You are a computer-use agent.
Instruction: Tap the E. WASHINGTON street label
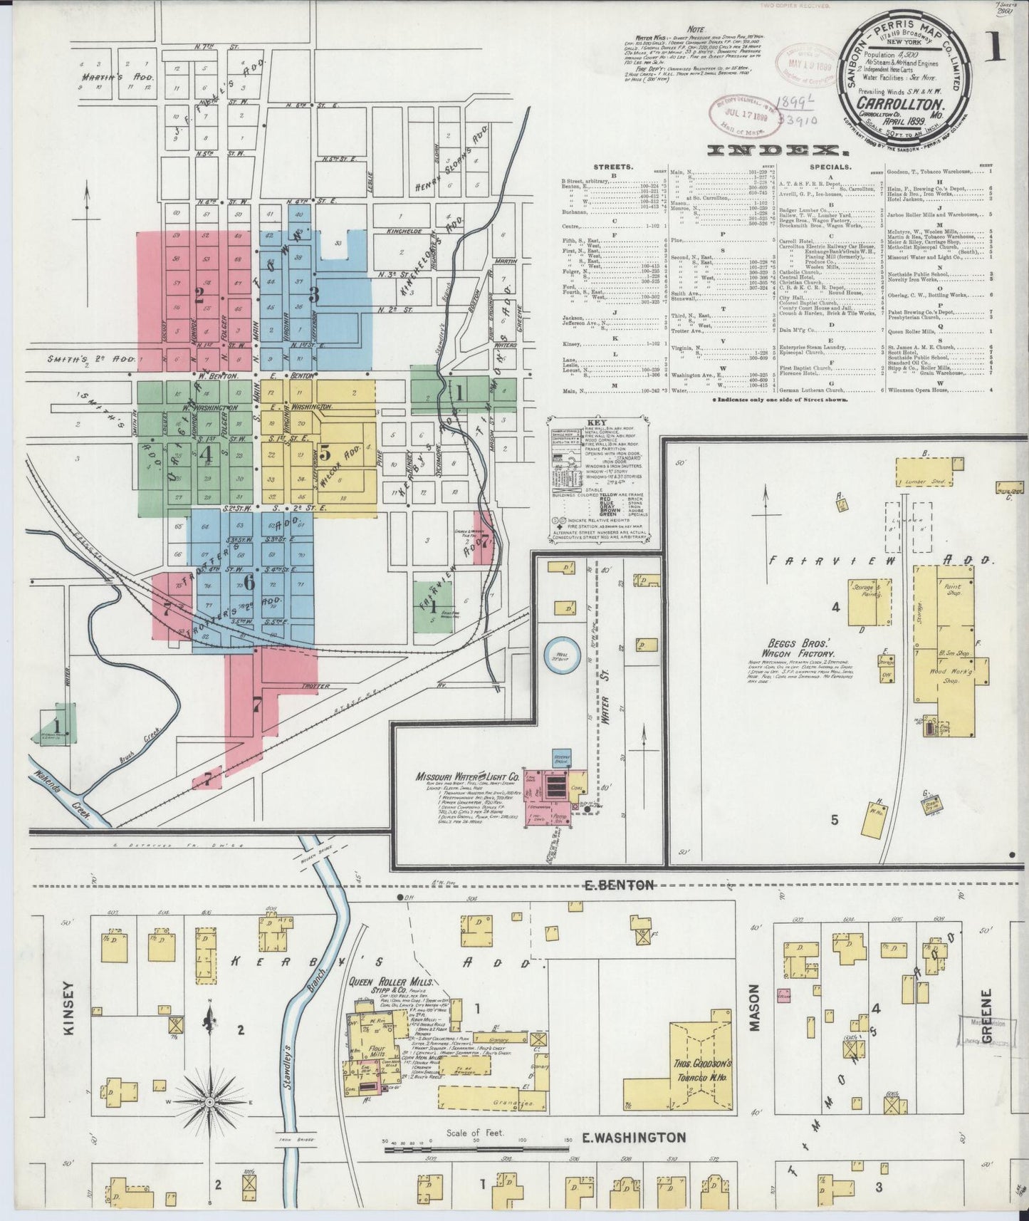pyautogui.click(x=634, y=1138)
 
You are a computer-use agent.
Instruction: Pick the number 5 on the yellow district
pyautogui.click(x=325, y=452)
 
